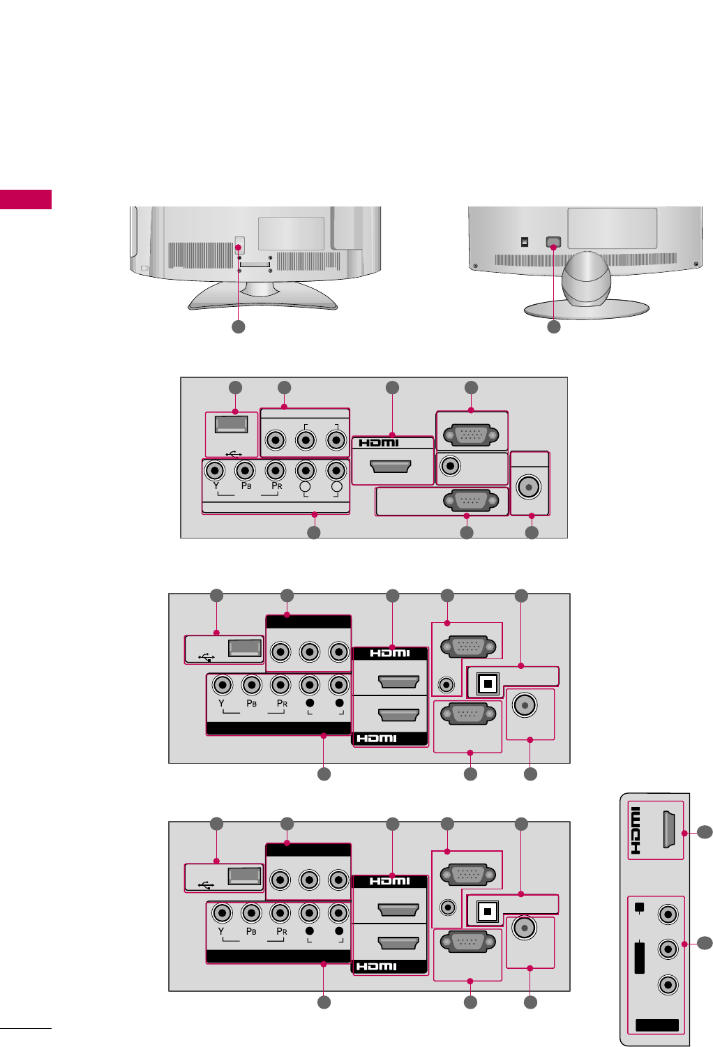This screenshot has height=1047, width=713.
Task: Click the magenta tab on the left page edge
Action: (x=26, y=199)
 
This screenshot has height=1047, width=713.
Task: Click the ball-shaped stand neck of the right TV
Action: (x=587, y=279)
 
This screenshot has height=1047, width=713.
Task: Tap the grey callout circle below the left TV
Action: (x=239, y=326)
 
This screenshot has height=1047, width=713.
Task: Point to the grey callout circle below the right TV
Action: (x=554, y=326)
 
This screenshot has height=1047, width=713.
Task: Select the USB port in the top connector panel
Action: (x=232, y=424)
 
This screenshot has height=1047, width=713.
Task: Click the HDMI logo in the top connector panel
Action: (x=379, y=442)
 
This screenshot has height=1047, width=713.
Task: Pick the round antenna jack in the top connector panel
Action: (x=530, y=487)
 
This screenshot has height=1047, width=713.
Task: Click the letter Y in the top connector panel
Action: (x=216, y=485)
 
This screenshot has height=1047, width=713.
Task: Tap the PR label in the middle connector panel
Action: (x=282, y=703)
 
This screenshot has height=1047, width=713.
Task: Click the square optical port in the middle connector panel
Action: (x=488, y=684)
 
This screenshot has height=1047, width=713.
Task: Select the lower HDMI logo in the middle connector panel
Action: (x=377, y=738)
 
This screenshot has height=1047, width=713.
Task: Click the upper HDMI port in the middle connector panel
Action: (x=398, y=681)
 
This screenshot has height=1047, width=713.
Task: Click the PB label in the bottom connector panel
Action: (x=251, y=931)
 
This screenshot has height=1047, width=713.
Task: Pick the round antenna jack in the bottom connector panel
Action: (x=524, y=928)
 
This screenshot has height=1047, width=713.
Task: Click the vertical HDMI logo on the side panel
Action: (x=636, y=831)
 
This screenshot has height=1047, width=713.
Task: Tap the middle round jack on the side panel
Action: (x=668, y=949)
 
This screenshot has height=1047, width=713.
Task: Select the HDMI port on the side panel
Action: (x=668, y=830)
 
